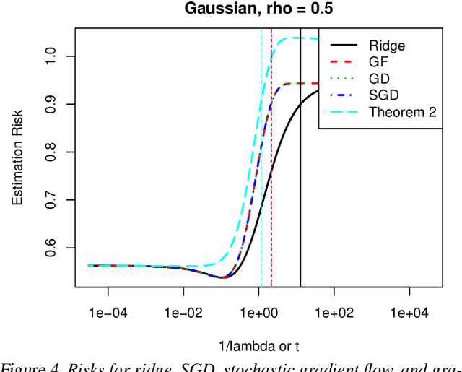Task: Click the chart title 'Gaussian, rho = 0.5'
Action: [258, 10]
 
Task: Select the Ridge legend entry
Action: [386, 46]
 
